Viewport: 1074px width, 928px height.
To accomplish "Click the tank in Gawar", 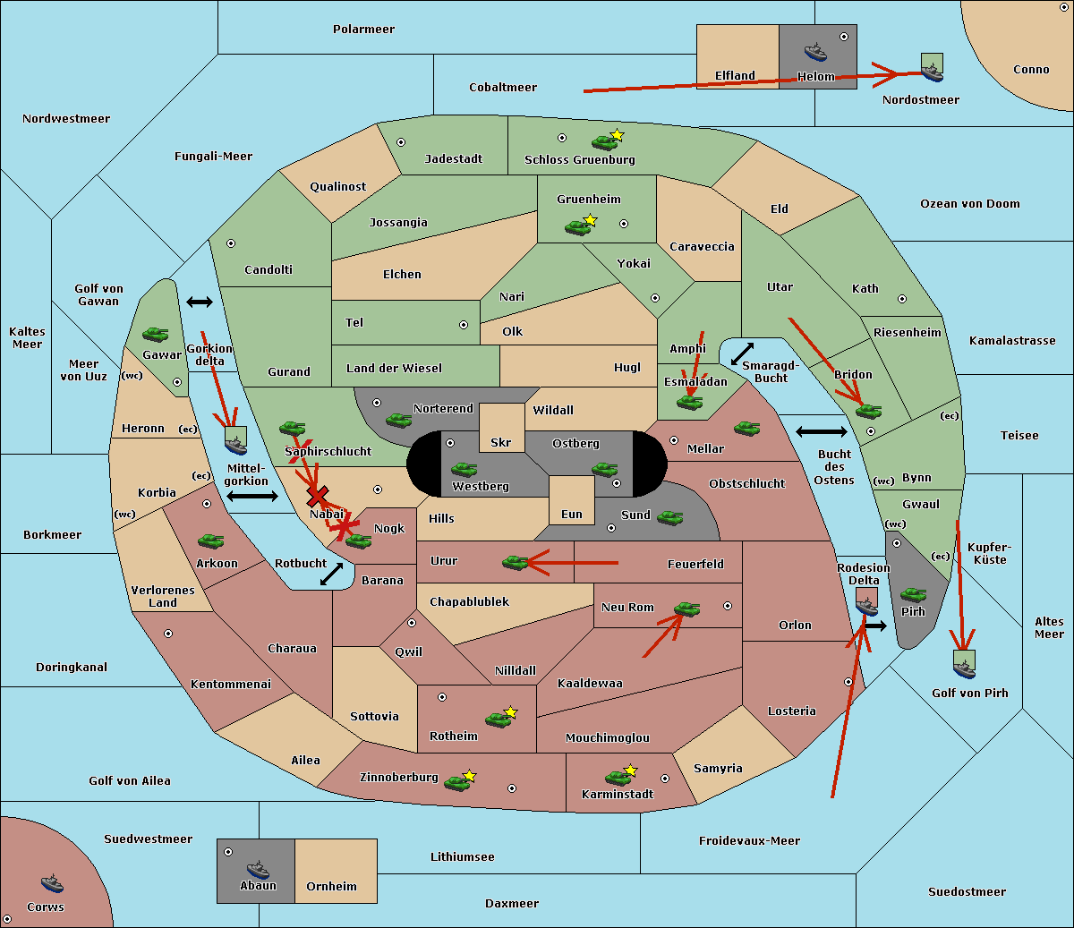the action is [x=156, y=334].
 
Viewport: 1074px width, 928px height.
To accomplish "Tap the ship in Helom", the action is [x=815, y=52].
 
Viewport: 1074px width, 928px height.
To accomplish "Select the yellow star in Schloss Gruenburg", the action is [x=617, y=135].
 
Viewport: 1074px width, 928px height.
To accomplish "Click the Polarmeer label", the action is [x=363, y=30].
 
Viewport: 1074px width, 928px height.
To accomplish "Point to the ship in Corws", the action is [x=53, y=883].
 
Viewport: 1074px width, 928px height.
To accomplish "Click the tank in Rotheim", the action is [x=498, y=719].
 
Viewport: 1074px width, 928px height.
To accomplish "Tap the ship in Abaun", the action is [x=259, y=869].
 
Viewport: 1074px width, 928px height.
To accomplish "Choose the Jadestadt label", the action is [x=454, y=159].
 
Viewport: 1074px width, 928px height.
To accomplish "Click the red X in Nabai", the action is [x=317, y=496].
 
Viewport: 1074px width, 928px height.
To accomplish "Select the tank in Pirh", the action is [x=914, y=594].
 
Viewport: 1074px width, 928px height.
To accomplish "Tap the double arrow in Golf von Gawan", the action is [x=200, y=302].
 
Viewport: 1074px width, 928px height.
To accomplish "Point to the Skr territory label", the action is [x=501, y=442].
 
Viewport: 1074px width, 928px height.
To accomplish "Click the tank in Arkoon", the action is [x=211, y=541].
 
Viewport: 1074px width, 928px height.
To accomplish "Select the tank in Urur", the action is [x=515, y=562].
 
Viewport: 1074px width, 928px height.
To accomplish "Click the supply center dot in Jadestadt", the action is [x=401, y=142].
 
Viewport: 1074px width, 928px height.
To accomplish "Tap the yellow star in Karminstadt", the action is [x=630, y=770].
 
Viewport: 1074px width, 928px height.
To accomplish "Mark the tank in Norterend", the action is [x=398, y=420].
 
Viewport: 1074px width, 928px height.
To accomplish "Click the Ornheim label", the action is [x=331, y=886].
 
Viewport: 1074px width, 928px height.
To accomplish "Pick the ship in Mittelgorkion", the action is [x=236, y=440].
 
